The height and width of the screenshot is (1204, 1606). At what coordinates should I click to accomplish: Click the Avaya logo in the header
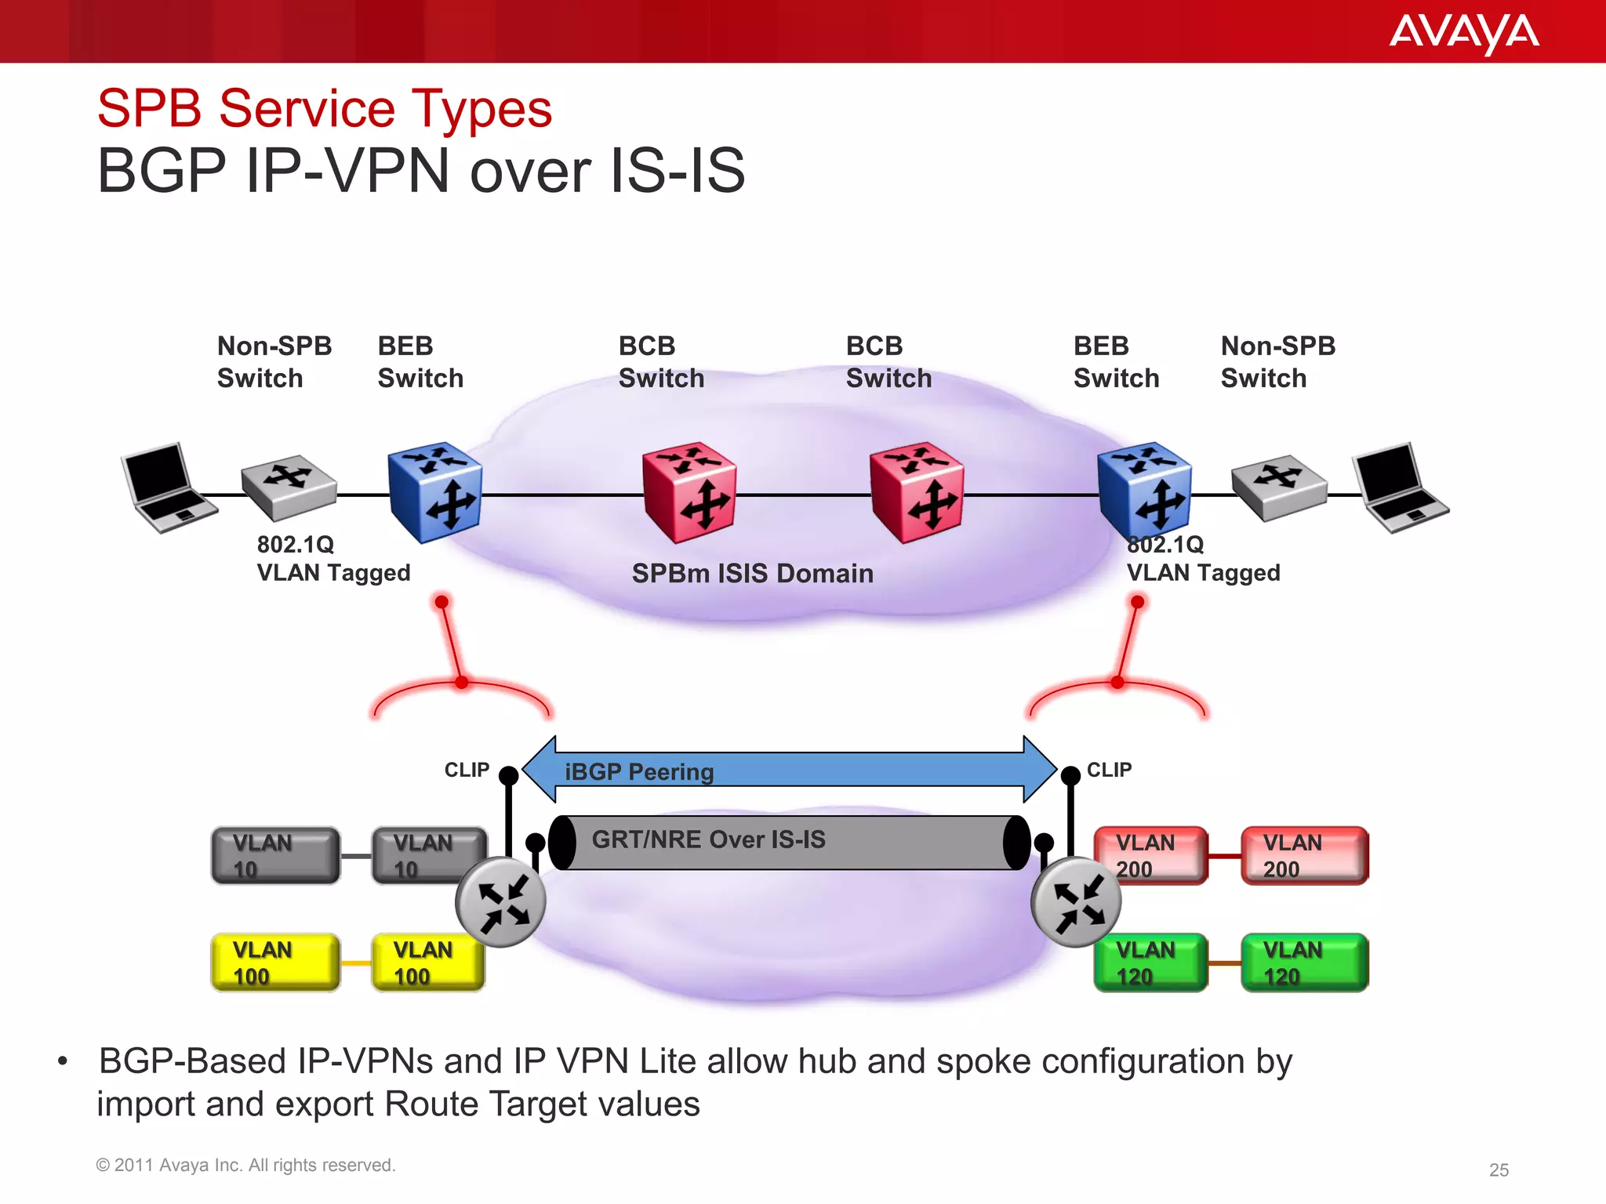click(x=1463, y=33)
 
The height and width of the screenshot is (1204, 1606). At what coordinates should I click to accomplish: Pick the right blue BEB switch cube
click(x=1144, y=491)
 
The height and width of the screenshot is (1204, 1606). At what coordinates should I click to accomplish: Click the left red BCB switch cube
click(x=689, y=492)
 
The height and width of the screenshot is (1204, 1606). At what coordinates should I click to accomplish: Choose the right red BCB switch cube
click(x=917, y=492)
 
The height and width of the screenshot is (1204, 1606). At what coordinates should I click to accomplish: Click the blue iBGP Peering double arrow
click(x=789, y=770)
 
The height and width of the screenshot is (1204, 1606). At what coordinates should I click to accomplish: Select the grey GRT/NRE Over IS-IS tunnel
click(x=789, y=842)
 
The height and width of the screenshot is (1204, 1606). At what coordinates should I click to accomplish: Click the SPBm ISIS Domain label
click(x=752, y=574)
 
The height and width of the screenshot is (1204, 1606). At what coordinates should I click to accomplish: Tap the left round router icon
click(x=500, y=902)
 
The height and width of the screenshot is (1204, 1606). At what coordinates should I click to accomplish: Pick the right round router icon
click(x=1076, y=902)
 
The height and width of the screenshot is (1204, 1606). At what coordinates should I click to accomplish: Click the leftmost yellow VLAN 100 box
click(x=275, y=963)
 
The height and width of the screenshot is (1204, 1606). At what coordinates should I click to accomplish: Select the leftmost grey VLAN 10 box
click(x=275, y=856)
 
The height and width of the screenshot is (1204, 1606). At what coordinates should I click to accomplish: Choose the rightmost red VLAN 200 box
click(x=1305, y=856)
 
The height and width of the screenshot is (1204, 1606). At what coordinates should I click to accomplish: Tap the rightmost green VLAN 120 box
click(x=1305, y=963)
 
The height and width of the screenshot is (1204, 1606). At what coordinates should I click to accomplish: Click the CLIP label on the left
click(x=467, y=770)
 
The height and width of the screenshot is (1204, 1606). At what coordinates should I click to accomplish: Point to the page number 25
click(x=1499, y=1170)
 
